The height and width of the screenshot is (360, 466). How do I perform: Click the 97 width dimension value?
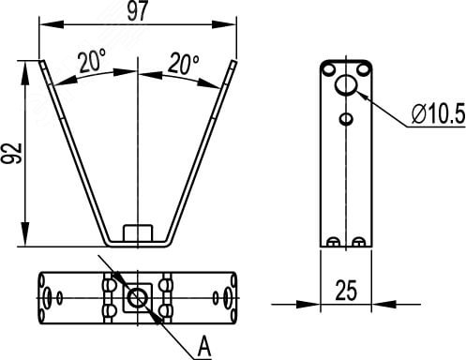[x=137, y=10]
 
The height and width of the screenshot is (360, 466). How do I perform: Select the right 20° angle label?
[x=184, y=64]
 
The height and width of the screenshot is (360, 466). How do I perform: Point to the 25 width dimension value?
[x=346, y=291]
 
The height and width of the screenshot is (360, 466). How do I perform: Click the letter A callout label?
[x=204, y=346]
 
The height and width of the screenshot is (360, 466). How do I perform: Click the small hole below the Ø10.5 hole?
[x=346, y=118]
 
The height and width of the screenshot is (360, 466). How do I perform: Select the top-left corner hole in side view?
[x=328, y=68]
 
